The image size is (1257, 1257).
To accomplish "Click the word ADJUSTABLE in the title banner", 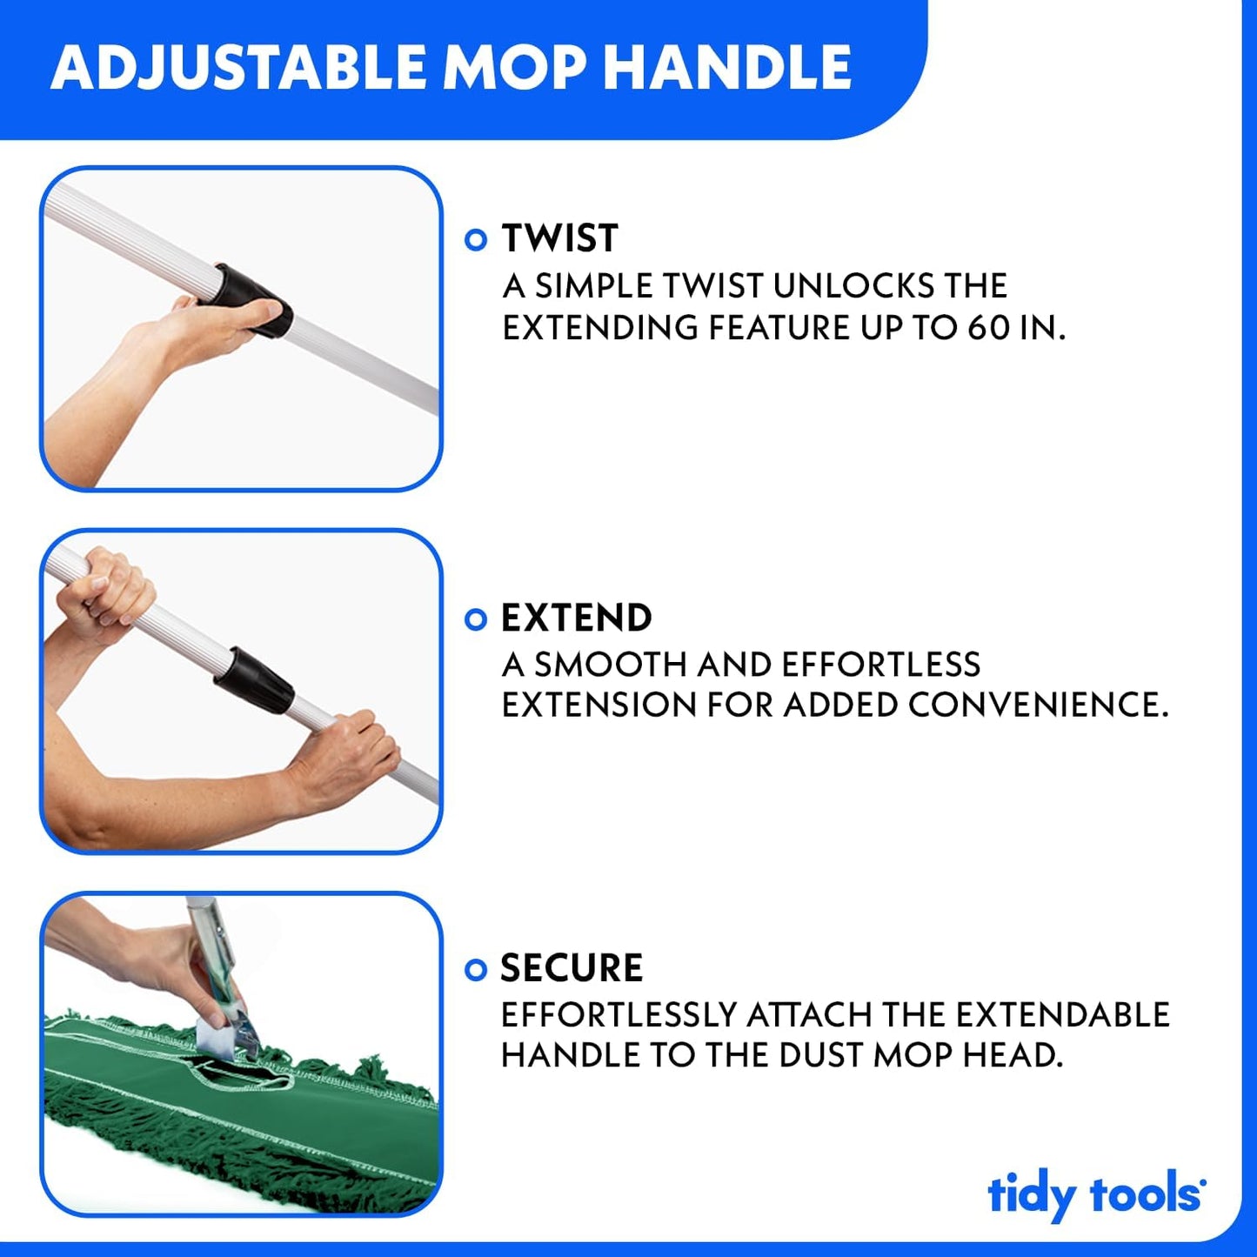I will tap(238, 68).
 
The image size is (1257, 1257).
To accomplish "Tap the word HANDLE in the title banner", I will tap(727, 68).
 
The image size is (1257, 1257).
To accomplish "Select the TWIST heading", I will tap(559, 238).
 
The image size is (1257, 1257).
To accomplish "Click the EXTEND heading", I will tap(576, 618).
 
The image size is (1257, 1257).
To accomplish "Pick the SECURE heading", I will tap(572, 968).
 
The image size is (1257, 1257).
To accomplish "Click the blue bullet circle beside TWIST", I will tap(476, 240).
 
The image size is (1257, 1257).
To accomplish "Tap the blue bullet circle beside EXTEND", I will tap(476, 619).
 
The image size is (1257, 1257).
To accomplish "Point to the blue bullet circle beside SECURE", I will tap(476, 969).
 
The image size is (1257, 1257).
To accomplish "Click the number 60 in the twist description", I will tap(988, 328).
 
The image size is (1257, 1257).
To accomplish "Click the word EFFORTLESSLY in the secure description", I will tap(618, 1015).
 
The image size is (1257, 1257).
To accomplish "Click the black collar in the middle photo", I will tap(254, 680).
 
